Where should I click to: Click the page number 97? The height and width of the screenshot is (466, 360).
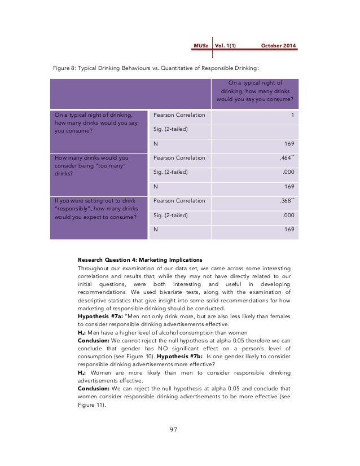173,430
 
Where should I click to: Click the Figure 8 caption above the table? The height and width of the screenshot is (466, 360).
155,69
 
